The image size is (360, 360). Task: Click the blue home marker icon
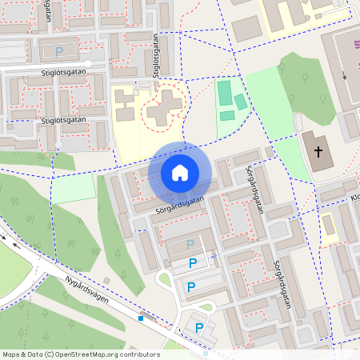click(x=180, y=173)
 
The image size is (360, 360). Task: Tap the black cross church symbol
click(x=318, y=150)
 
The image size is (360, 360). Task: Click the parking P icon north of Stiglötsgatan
click(x=59, y=51)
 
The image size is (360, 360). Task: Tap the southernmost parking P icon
click(x=198, y=326)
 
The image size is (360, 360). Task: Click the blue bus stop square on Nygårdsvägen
click(x=141, y=318)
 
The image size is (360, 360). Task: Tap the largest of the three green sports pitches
click(x=225, y=91)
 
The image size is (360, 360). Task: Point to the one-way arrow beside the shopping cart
click(x=345, y=77)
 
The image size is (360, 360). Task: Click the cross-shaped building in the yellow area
click(x=165, y=104)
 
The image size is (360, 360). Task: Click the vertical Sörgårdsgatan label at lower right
click(x=281, y=285)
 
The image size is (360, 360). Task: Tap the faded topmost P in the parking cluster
click(x=190, y=244)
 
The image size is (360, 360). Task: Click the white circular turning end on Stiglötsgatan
click(x=88, y=63)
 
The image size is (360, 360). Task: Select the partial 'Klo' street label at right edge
click(x=354, y=196)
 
